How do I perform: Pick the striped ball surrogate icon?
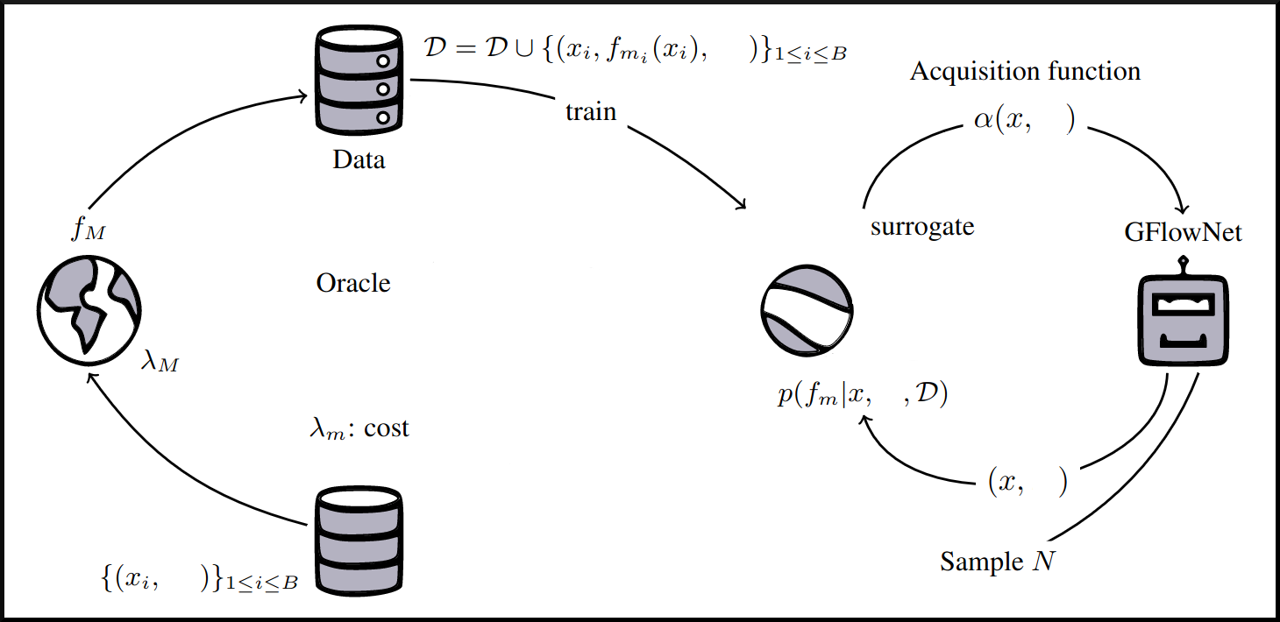click(x=807, y=312)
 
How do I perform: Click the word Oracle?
click(x=353, y=284)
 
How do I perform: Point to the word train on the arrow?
click(x=590, y=112)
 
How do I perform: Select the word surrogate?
click(x=922, y=227)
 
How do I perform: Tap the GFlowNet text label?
click(x=1184, y=234)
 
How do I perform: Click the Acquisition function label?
click(x=1025, y=71)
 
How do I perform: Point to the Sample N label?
click(x=997, y=561)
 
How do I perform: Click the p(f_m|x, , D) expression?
click(x=863, y=394)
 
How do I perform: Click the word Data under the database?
click(x=359, y=161)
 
